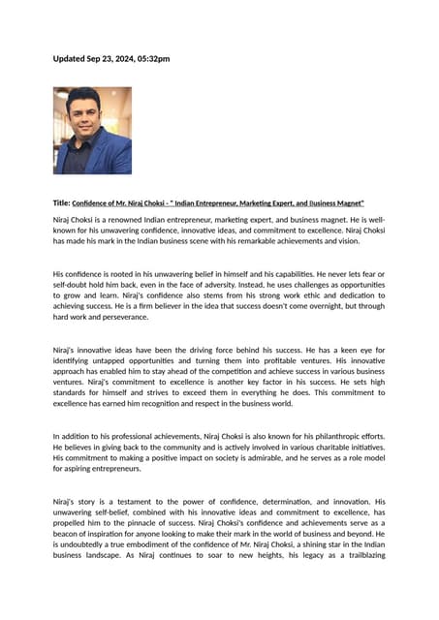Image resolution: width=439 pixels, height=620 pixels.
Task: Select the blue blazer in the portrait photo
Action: click(111, 155)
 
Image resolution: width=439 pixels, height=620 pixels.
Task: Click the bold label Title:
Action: click(62, 203)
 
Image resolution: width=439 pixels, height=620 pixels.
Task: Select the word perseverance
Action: click(122, 317)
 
